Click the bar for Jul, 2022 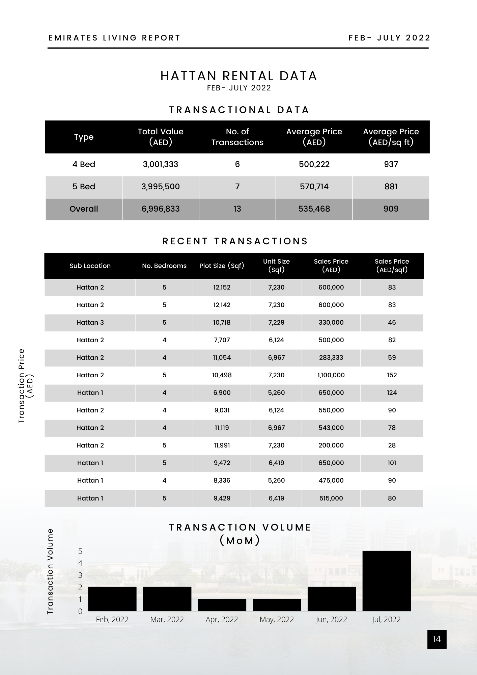pyautogui.click(x=387, y=581)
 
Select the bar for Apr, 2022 pyautogui.click(x=222, y=605)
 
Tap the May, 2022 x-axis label pyautogui.click(x=277, y=619)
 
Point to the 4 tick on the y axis pyautogui.click(x=80, y=563)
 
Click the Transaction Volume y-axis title pyautogui.click(x=50, y=571)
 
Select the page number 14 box pyautogui.click(x=437, y=639)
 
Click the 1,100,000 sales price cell pyautogui.click(x=331, y=375)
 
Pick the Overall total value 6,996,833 pyautogui.click(x=161, y=209)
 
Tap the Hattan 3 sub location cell pyautogui.click(x=90, y=322)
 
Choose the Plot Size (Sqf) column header pyautogui.click(x=222, y=266)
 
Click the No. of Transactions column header pyautogui.click(x=237, y=137)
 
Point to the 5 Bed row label pyautogui.click(x=84, y=187)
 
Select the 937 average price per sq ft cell pyautogui.click(x=391, y=164)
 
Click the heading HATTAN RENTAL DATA pyautogui.click(x=239, y=76)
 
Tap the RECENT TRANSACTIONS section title pyautogui.click(x=235, y=241)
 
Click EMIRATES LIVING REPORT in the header pyautogui.click(x=114, y=38)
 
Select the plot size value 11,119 pyautogui.click(x=222, y=428)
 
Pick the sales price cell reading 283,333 pyautogui.click(x=331, y=357)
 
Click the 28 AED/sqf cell pyautogui.click(x=392, y=445)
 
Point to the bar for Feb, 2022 pyautogui.click(x=112, y=599)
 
